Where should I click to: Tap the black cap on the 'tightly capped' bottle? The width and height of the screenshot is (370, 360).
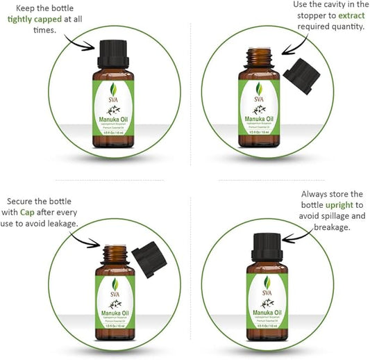point(112,50)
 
